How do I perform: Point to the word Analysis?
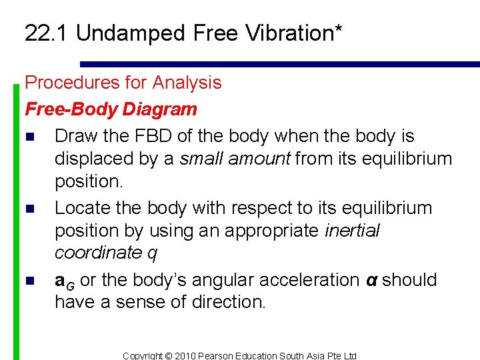(x=187, y=83)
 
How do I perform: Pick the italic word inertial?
(x=352, y=231)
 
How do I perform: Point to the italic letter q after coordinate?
(x=155, y=253)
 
